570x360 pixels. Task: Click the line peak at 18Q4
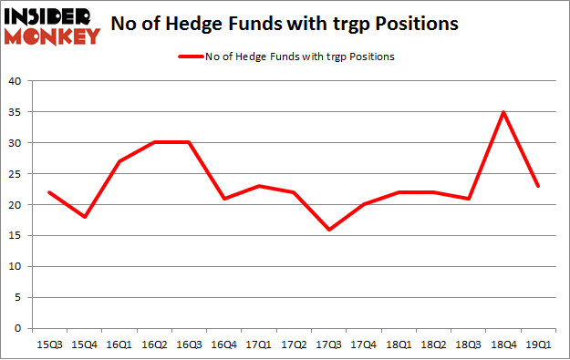click(503, 112)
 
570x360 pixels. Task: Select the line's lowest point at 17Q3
click(328, 230)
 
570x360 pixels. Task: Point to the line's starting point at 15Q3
click(50, 192)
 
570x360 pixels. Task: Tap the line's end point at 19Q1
click(537, 186)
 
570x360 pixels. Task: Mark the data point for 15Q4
click(85, 217)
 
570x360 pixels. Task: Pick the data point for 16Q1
click(119, 161)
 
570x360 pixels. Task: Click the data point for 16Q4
click(224, 199)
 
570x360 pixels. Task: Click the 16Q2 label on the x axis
click(154, 345)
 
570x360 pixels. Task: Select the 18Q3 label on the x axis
click(468, 345)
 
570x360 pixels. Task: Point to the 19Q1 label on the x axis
click(537, 345)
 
